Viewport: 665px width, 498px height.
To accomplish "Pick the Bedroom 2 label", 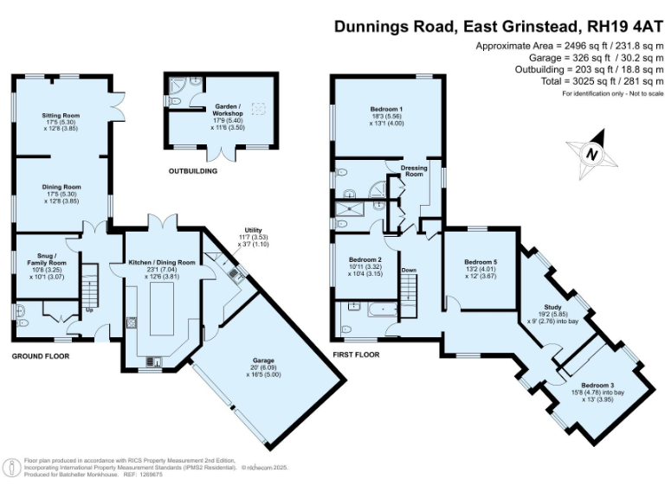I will [x=365, y=259].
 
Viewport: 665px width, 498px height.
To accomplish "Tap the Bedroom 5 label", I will [x=481, y=262].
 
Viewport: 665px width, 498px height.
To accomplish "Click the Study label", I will [x=552, y=307].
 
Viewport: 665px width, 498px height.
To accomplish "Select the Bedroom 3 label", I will [x=597, y=385].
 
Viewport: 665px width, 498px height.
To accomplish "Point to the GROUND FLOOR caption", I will [x=41, y=355].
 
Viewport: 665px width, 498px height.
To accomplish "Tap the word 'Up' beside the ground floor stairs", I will [x=88, y=309].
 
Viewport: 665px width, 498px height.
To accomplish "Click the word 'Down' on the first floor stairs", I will [x=409, y=270].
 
